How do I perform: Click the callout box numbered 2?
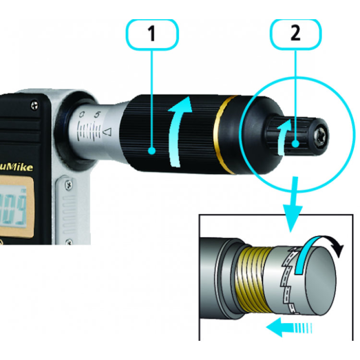coord(295,34)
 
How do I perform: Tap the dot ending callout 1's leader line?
coord(152,152)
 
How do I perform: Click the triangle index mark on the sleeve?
coord(108,131)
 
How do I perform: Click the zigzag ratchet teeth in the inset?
coord(288,278)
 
